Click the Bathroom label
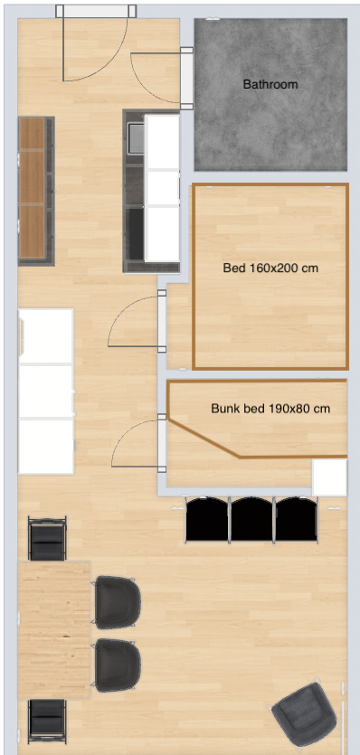point(270,85)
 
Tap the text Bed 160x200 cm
point(270,268)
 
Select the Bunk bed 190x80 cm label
point(270,409)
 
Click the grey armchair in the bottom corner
point(304,714)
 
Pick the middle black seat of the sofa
point(251,519)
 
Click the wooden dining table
point(54,630)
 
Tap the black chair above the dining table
point(47,538)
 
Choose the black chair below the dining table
point(47,721)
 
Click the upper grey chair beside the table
point(116,602)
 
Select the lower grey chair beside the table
point(116,665)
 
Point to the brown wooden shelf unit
point(36,191)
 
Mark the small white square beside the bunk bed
point(329,477)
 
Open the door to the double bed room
point(162,321)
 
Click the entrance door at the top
point(96,11)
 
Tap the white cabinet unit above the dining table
point(46,391)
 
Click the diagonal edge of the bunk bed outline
point(204,438)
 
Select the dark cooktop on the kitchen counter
point(136,232)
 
